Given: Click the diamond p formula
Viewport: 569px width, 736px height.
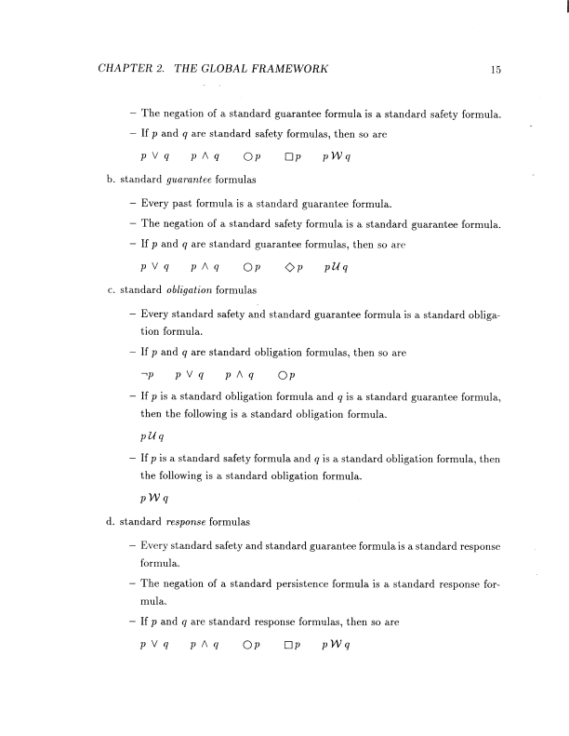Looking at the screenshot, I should click(x=293, y=268).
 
